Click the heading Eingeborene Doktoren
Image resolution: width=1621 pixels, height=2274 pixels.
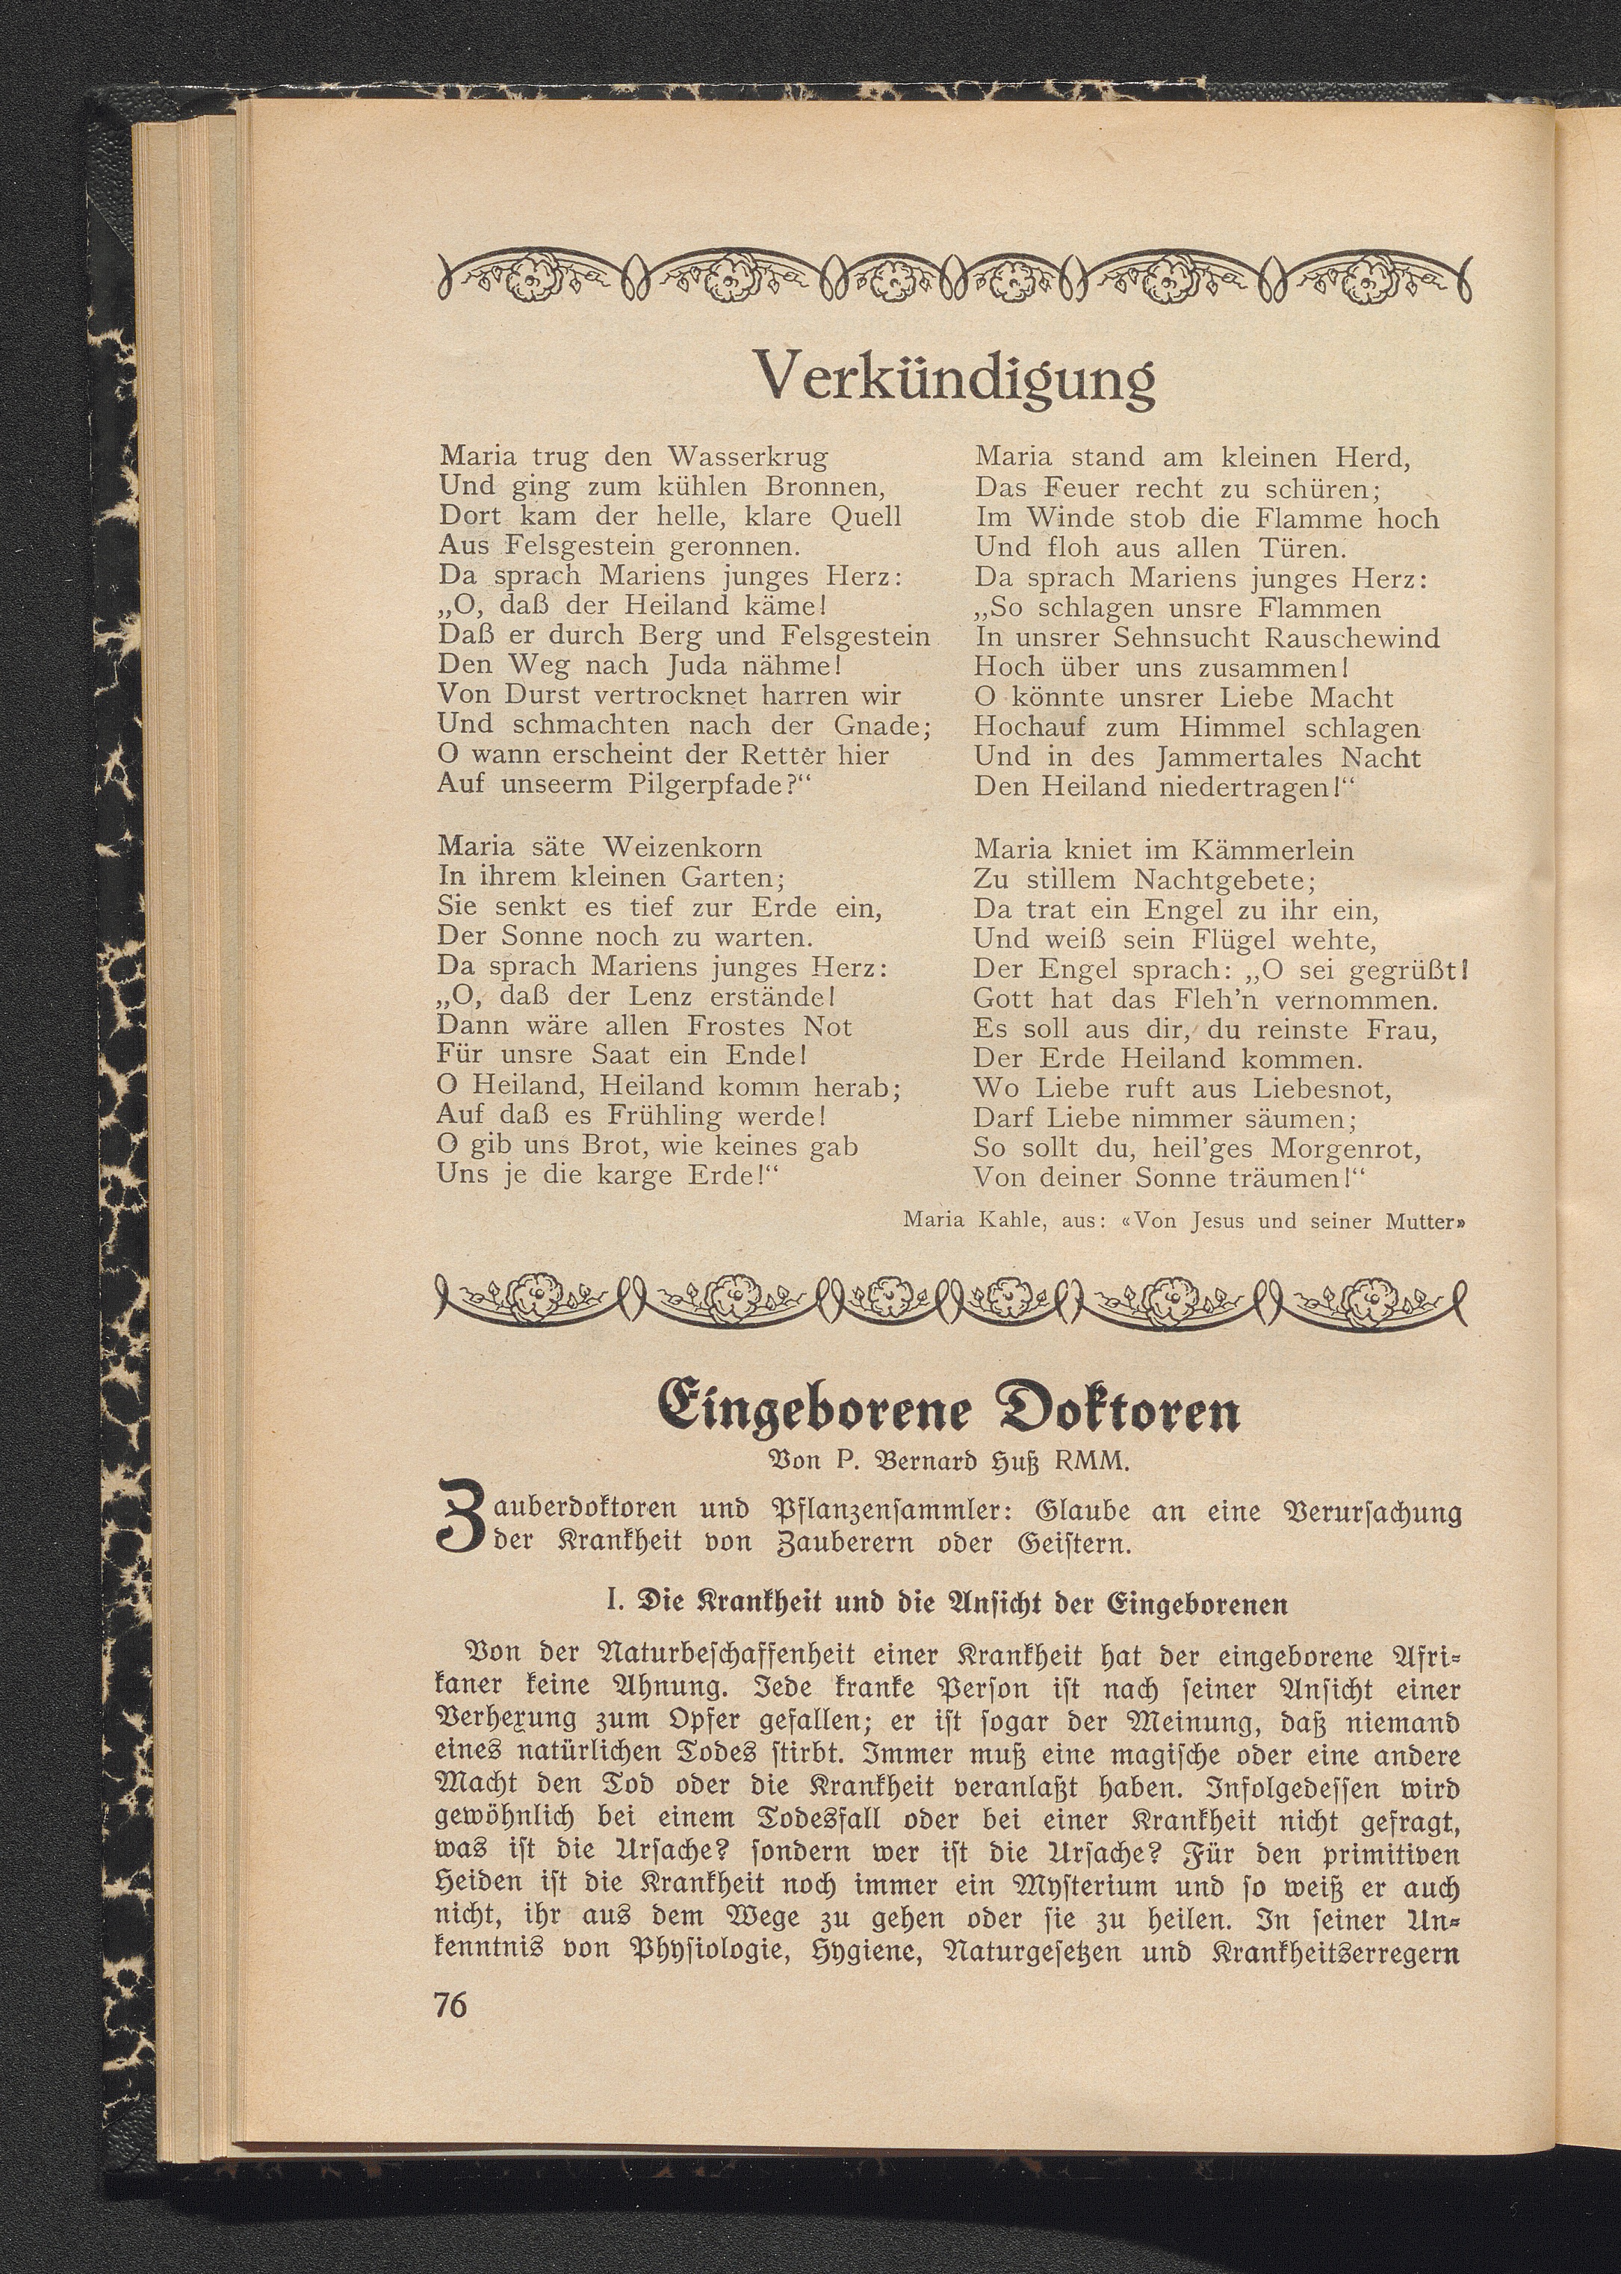click(x=949, y=1410)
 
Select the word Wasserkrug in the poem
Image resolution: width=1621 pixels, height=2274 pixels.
click(x=748, y=457)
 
